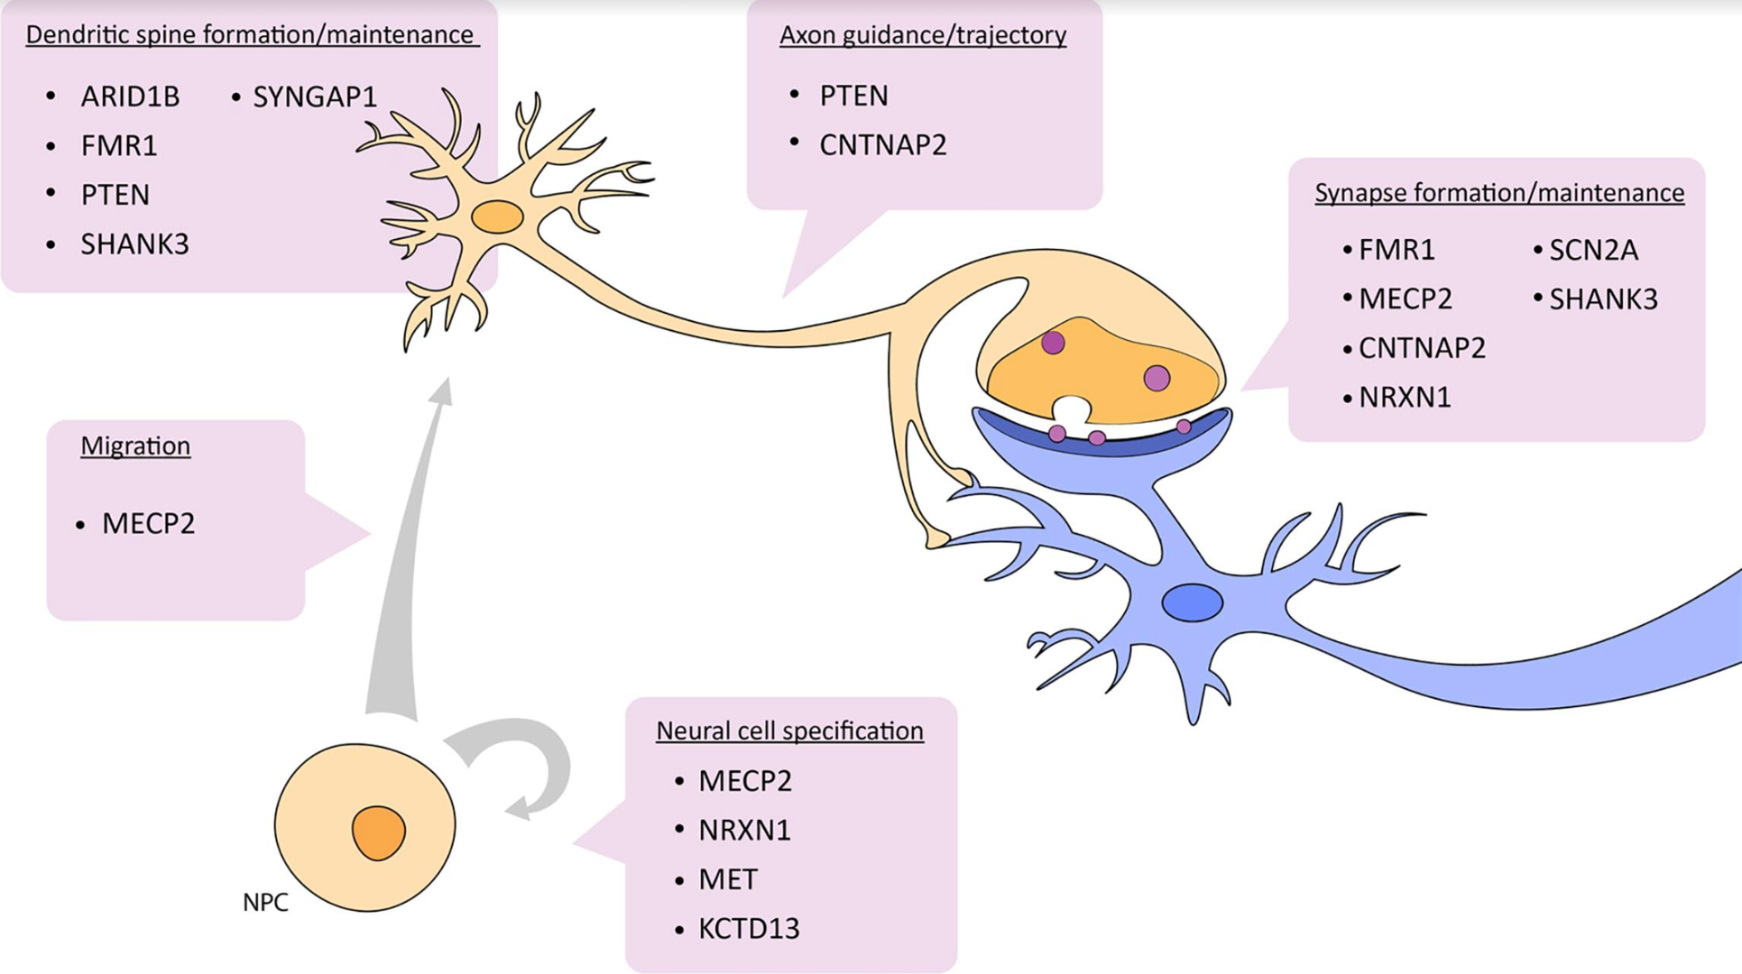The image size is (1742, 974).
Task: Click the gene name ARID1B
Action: coord(130,96)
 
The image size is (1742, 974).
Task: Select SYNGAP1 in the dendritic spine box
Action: coord(314,96)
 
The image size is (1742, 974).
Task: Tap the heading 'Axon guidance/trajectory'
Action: coord(922,35)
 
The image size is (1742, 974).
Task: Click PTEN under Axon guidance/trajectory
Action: coord(853,96)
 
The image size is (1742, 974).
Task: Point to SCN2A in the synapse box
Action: coord(1593,250)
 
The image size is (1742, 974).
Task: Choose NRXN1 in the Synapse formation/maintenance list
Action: coord(1405,397)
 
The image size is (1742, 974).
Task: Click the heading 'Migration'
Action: coord(135,446)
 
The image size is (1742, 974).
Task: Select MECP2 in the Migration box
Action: coord(148,523)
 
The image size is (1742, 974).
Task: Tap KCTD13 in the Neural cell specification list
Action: coord(749,928)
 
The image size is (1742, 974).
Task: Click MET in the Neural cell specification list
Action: coord(728,879)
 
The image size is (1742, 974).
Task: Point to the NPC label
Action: coord(265,902)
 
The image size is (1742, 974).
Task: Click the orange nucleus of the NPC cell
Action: coord(378,832)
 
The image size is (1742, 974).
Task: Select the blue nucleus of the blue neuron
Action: coord(1192,602)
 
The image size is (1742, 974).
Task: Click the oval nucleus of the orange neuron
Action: coord(497,217)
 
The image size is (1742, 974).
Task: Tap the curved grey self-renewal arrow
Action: coord(532,758)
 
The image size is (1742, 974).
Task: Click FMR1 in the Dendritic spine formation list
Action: coord(119,146)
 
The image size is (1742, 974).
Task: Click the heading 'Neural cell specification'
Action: coord(789,730)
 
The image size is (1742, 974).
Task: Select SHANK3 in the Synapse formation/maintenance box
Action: coord(1603,299)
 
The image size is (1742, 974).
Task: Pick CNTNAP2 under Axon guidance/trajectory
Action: coord(882,145)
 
